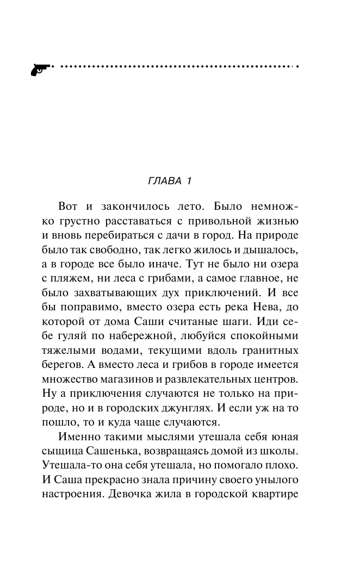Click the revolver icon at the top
pos(39,70)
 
